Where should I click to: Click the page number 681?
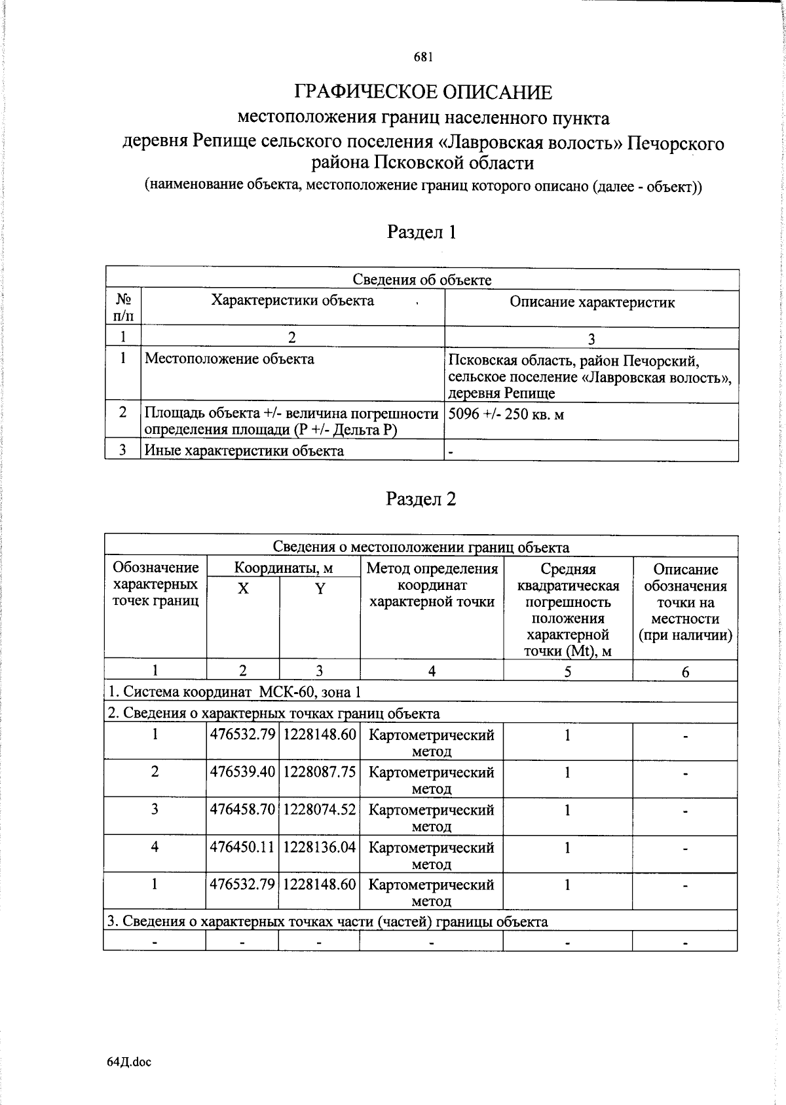click(x=422, y=57)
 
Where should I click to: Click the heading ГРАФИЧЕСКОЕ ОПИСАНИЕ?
click(x=422, y=92)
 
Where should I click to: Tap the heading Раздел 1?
click(x=421, y=232)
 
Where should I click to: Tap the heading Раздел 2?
click(x=421, y=499)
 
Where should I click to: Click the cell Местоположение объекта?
click(x=229, y=359)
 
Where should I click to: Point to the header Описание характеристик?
click(x=591, y=302)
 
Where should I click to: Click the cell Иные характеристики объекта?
click(x=244, y=451)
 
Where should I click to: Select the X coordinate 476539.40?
click(x=242, y=772)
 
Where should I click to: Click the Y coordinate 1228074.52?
click(x=320, y=809)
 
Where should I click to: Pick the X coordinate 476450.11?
click(x=242, y=847)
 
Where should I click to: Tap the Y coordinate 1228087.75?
click(x=320, y=772)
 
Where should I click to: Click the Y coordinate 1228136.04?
click(x=320, y=847)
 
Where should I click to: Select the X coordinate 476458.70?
click(x=242, y=809)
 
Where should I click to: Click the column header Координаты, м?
click(x=283, y=568)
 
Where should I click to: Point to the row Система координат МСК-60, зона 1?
click(x=234, y=692)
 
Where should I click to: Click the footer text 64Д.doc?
click(x=128, y=1062)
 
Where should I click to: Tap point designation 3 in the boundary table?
click(x=155, y=809)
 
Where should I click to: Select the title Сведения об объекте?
click(x=422, y=280)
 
